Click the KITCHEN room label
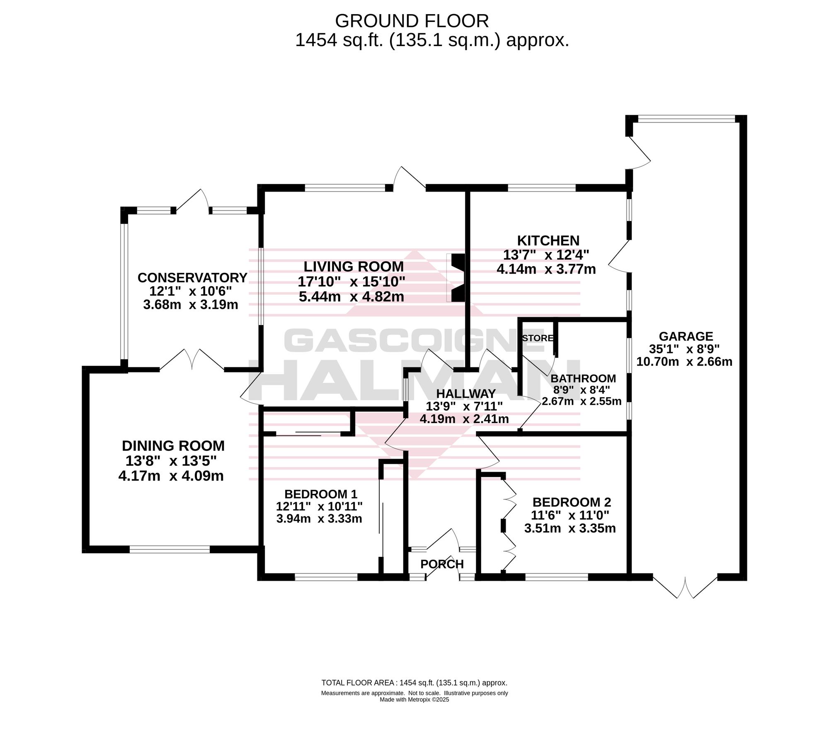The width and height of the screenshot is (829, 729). [548, 241]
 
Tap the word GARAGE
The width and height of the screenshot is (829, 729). [686, 336]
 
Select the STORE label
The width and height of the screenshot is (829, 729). [538, 338]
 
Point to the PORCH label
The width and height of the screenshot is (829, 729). [442, 564]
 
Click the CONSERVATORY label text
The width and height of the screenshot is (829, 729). [192, 277]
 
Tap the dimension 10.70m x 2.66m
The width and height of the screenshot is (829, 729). [684, 362]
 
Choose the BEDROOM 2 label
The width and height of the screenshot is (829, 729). [572, 503]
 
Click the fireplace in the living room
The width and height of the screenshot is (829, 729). [456, 277]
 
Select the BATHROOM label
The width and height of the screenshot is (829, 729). [583, 378]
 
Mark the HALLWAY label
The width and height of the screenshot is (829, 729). [466, 393]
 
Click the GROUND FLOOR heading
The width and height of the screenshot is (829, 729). [412, 21]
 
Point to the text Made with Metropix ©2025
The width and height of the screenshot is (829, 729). [414, 700]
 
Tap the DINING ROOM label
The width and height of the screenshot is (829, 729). [173, 446]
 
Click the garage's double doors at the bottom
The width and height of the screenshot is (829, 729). [685, 587]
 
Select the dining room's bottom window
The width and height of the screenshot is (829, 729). [170, 549]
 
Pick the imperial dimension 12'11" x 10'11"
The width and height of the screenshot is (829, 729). [319, 506]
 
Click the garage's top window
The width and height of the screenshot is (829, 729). [686, 119]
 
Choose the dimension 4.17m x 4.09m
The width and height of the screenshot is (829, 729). [171, 476]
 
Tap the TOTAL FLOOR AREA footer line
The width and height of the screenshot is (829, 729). [414, 683]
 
